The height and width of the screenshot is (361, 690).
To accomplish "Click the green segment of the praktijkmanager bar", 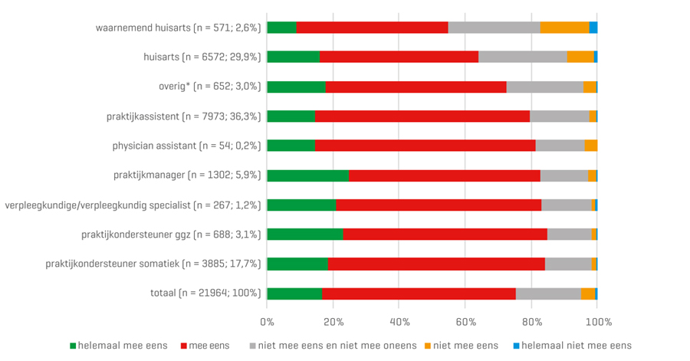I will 307,176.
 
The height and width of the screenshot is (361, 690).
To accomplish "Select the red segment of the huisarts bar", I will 399,57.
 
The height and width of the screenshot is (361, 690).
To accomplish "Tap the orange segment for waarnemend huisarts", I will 565,28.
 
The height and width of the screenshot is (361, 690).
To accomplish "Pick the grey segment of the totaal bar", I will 548,294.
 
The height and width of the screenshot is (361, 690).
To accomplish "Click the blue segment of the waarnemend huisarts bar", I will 593,28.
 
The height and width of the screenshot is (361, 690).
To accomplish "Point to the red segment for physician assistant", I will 425,146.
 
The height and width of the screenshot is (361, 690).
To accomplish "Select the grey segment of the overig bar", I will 544,87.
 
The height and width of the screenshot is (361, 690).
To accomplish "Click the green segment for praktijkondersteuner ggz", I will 304,235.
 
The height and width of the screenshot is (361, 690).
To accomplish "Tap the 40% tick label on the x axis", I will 399,320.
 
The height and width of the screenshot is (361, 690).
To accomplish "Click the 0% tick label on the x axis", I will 267,320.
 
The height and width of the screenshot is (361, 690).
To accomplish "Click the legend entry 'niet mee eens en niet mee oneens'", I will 335,346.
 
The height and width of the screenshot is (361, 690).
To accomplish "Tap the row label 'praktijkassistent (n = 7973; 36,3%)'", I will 184,117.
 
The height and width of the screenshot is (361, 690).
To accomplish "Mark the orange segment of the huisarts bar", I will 580,57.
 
